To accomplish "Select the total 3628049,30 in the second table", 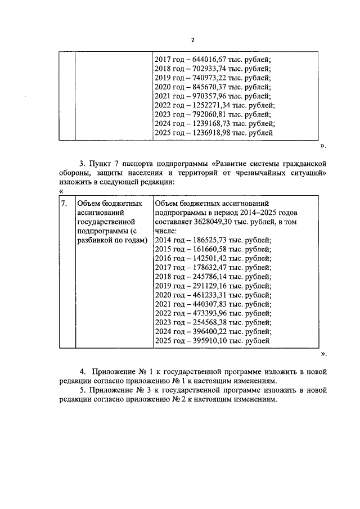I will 210,221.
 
